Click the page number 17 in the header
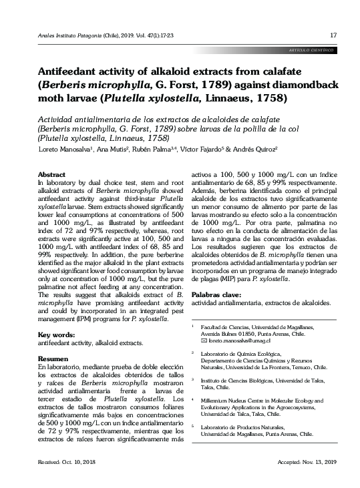333,35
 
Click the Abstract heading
50,174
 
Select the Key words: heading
54,334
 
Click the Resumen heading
53,359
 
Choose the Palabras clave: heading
216,294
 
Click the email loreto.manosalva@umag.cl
234,340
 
